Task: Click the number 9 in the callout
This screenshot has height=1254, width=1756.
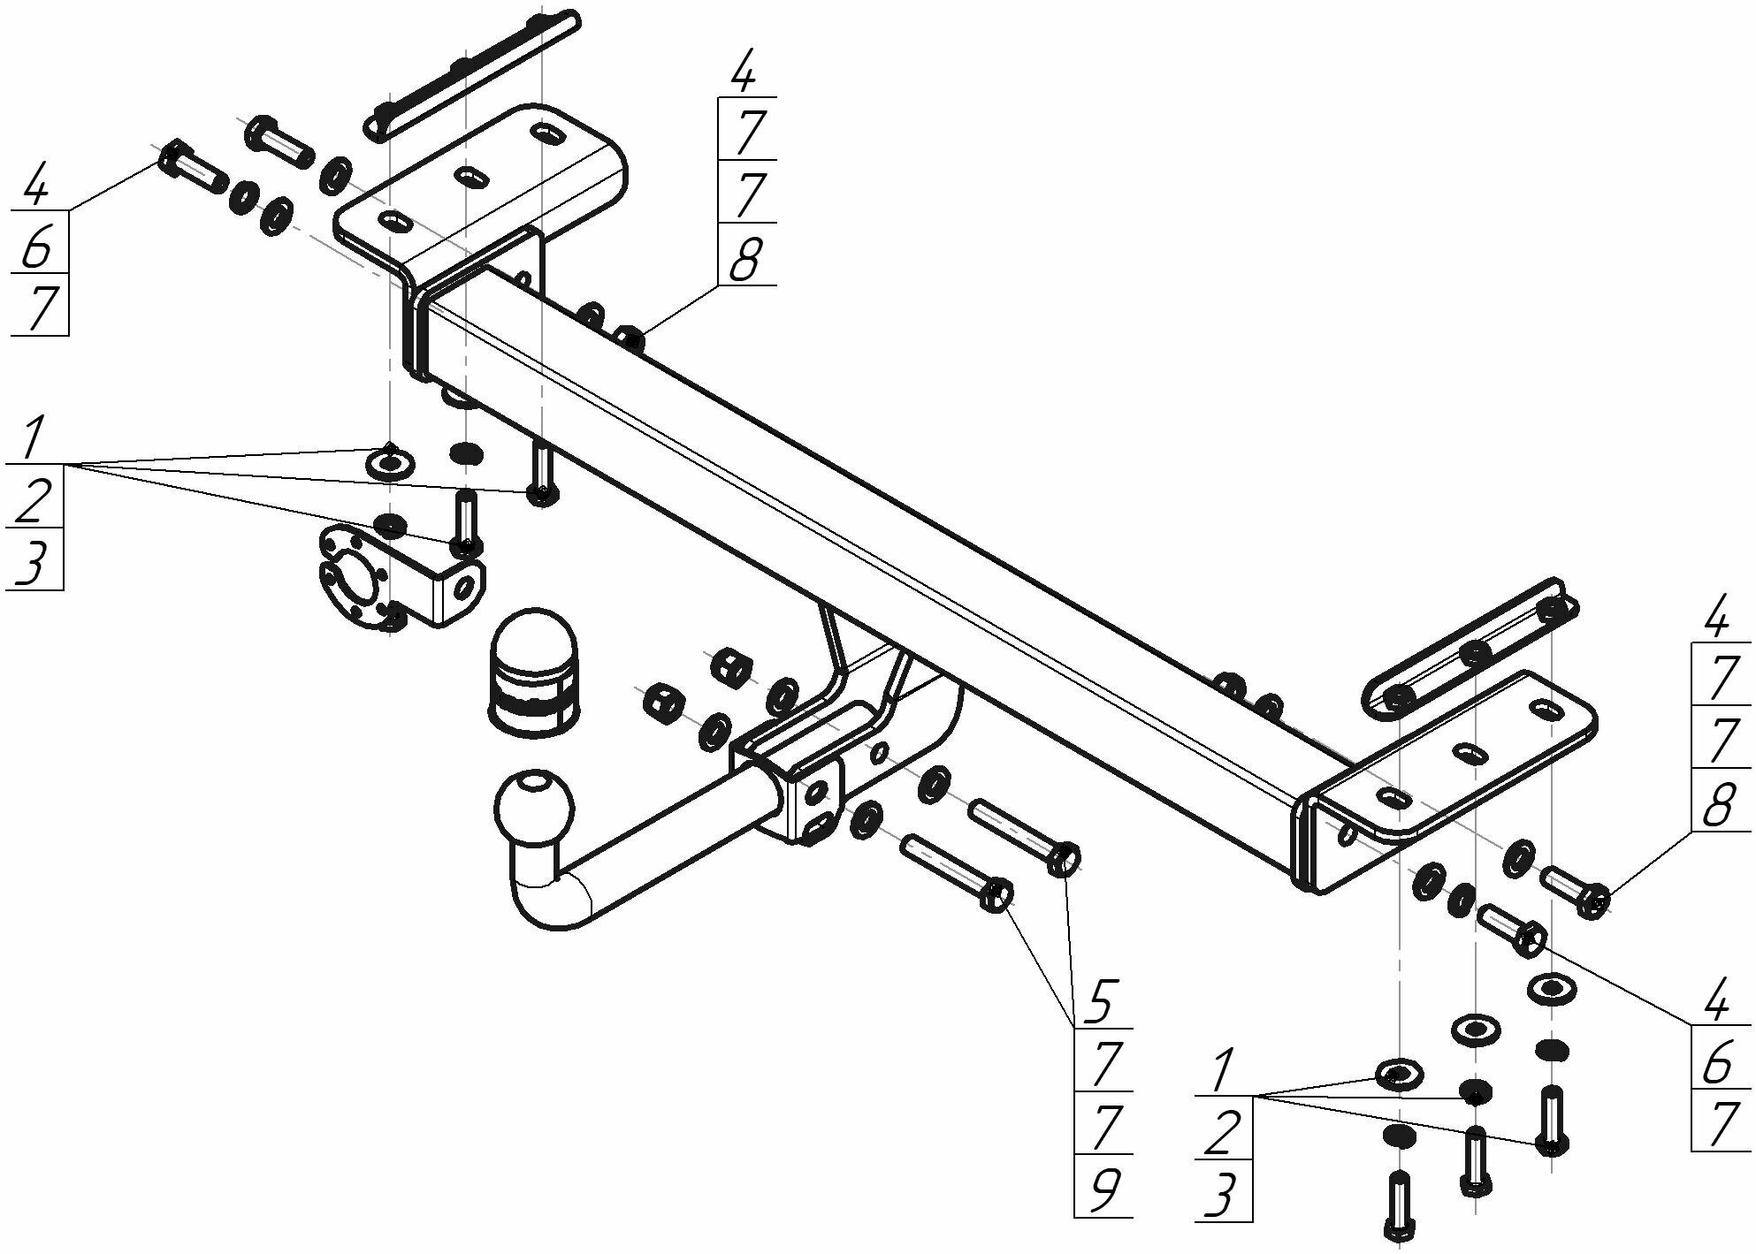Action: (1101, 1188)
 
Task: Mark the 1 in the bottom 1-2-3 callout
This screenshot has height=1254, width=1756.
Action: (1222, 1071)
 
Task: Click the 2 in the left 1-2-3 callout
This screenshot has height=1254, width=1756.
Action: (33, 499)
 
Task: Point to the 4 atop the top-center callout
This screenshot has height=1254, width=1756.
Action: (744, 72)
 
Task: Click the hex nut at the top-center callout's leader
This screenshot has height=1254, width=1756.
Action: (629, 338)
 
